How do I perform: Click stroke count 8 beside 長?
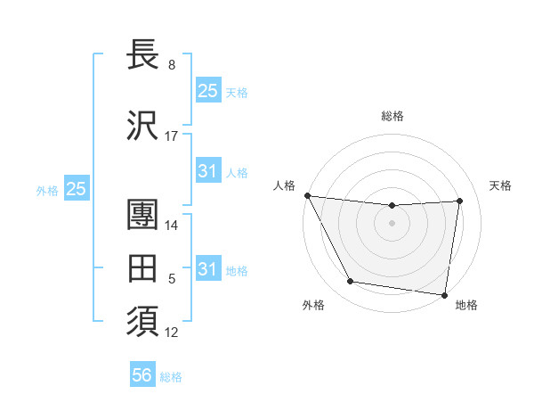(172, 65)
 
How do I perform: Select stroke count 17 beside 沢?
(172, 136)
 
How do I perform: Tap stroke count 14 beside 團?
(172, 226)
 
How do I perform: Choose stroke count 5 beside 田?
(172, 279)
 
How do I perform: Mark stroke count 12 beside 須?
(172, 333)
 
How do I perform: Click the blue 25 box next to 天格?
(207, 91)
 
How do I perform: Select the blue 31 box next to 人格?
(207, 171)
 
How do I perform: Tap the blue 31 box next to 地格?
(207, 269)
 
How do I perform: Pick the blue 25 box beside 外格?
(76, 189)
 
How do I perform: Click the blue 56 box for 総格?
(142, 375)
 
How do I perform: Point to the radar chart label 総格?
(392, 116)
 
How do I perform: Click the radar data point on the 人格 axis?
(307, 195)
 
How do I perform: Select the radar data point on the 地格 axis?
(445, 294)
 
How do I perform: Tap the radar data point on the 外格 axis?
(350, 283)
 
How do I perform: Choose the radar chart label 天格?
(500, 185)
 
